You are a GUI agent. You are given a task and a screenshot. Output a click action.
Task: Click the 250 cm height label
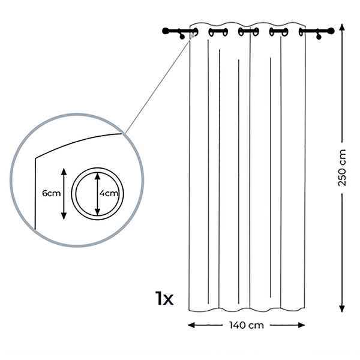pos(342,167)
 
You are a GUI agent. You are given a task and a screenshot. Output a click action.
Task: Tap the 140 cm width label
pos(247,325)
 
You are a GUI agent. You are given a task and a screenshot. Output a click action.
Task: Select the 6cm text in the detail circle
pos(52,193)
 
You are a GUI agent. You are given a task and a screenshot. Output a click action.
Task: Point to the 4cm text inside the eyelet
pos(109,193)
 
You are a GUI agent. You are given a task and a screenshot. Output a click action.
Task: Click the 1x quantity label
pos(164,298)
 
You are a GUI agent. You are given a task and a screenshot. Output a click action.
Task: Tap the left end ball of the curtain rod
pos(166,31)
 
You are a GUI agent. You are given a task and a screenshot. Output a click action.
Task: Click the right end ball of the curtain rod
pos(331,31)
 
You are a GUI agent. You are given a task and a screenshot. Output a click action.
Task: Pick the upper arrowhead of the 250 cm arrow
pos(342,28)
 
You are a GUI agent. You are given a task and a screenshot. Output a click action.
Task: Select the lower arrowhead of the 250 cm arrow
pos(342,308)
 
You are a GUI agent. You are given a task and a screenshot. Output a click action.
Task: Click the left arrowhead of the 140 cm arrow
pos(191,325)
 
